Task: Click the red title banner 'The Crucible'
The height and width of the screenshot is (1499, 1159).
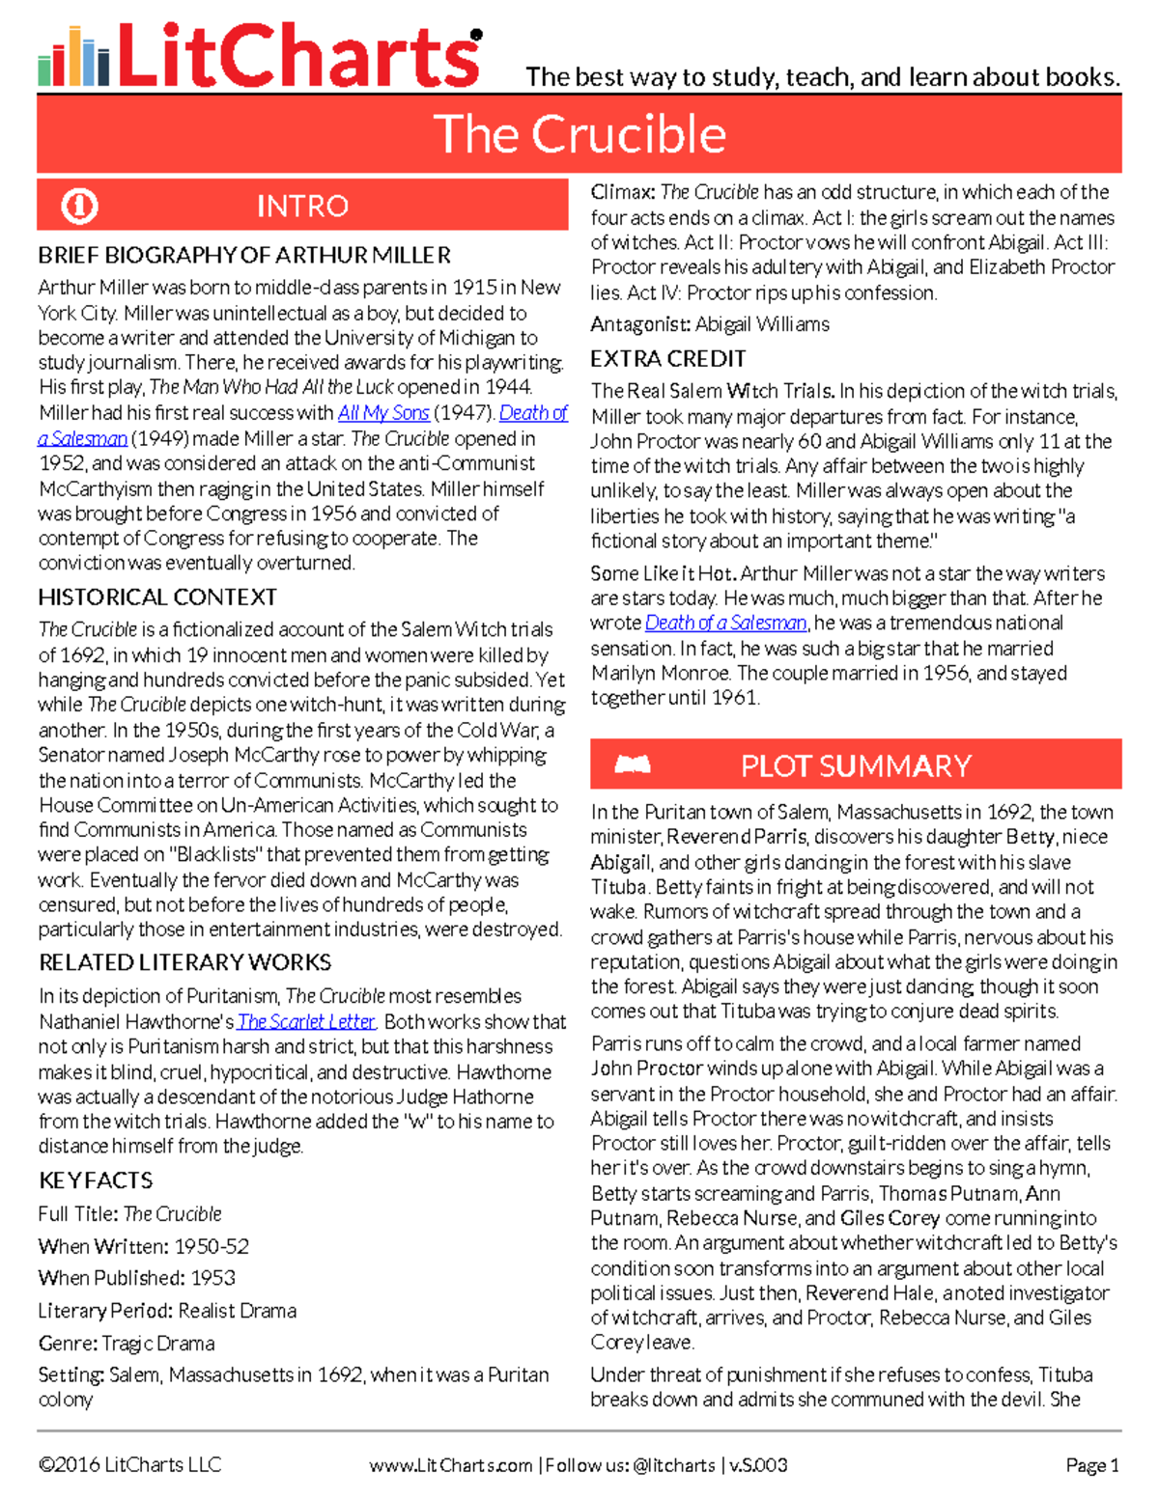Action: (579, 134)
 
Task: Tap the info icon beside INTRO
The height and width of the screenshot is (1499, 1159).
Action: (79, 206)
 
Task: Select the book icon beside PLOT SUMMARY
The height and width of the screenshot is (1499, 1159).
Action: (633, 765)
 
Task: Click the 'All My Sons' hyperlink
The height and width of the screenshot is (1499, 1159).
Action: (383, 413)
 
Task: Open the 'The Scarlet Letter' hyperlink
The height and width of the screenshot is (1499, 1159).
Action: (306, 1021)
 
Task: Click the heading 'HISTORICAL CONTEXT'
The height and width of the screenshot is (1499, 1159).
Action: (157, 597)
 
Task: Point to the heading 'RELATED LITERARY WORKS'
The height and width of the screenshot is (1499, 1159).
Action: (184, 962)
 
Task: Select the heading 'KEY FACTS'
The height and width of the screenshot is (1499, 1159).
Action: (96, 1180)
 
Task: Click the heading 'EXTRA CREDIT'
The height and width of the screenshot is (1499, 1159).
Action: (668, 359)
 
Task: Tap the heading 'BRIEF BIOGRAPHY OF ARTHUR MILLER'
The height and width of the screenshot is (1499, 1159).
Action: (244, 256)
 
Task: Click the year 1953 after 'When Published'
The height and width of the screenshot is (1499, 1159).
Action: (212, 1278)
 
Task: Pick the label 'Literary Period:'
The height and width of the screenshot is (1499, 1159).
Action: (105, 1311)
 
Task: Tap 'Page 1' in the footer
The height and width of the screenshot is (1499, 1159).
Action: (1091, 1465)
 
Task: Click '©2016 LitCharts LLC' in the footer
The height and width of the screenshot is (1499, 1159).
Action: (129, 1465)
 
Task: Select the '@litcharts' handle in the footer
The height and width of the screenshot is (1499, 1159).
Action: (674, 1465)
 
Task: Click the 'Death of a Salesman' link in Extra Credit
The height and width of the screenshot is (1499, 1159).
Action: (725, 624)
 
